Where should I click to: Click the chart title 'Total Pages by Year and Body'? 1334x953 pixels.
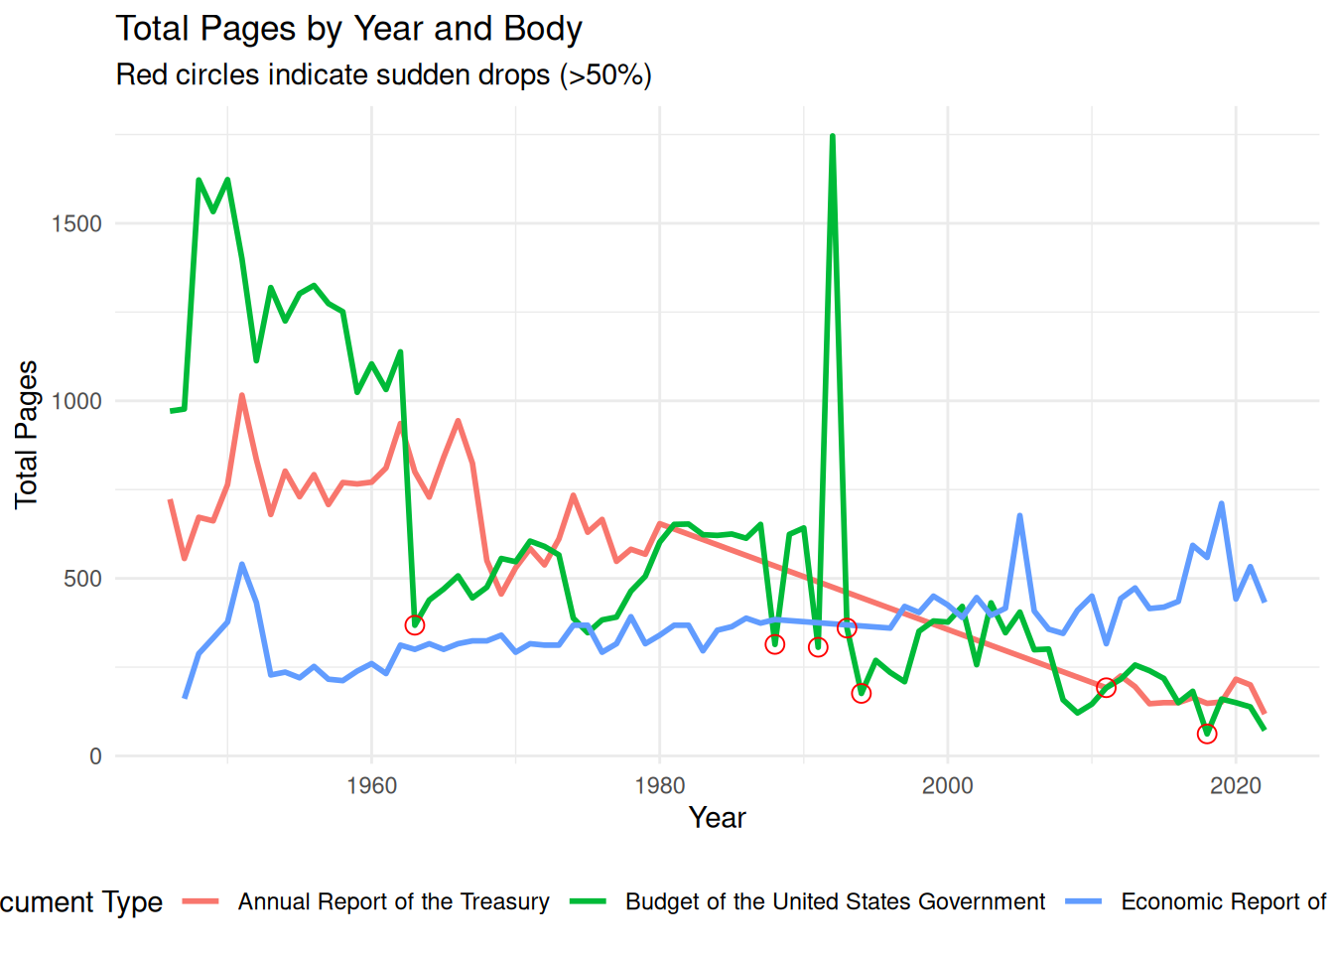pyautogui.click(x=348, y=29)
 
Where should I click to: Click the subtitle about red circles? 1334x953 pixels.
pyautogui.click(x=383, y=75)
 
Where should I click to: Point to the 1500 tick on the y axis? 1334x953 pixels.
pyautogui.click(x=76, y=223)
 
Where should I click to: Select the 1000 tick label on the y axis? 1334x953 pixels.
pyautogui.click(x=76, y=401)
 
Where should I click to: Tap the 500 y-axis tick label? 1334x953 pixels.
pyautogui.click(x=82, y=579)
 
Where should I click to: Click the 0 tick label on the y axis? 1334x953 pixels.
pyautogui.click(x=95, y=756)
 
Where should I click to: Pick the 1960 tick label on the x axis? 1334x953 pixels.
pyautogui.click(x=371, y=786)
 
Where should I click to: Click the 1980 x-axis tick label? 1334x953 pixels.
pyautogui.click(x=659, y=786)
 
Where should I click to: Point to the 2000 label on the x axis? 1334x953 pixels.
pyautogui.click(x=947, y=786)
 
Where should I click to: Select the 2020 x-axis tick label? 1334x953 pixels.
pyautogui.click(x=1235, y=786)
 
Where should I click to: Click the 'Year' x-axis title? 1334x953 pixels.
pyautogui.click(x=717, y=818)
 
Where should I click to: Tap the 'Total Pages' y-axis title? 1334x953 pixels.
pyautogui.click(x=27, y=435)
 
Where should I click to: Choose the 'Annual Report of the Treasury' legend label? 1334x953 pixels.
pyautogui.click(x=393, y=901)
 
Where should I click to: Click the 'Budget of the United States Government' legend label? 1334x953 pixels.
pyautogui.click(x=835, y=901)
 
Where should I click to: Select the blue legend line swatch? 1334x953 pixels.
pyautogui.click(x=1083, y=901)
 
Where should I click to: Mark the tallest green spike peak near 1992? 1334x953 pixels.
pyautogui.click(x=832, y=136)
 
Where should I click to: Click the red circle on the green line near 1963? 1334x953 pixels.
pyautogui.click(x=415, y=624)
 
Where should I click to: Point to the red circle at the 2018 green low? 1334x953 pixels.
pyautogui.click(x=1207, y=734)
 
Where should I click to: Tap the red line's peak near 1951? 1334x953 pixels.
pyautogui.click(x=241, y=396)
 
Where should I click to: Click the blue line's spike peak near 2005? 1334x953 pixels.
pyautogui.click(x=1019, y=516)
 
